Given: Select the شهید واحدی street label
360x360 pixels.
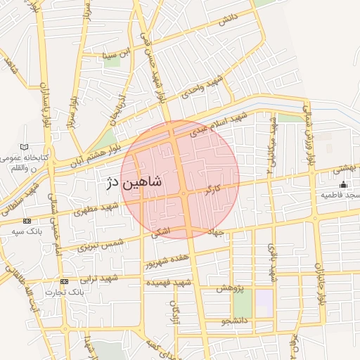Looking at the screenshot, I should pyautogui.click(x=205, y=88).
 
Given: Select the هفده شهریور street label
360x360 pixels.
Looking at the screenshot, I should pyautogui.click(x=167, y=262).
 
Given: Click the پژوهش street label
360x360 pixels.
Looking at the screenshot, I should pyautogui.click(x=229, y=289).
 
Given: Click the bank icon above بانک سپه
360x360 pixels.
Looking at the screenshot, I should pyautogui.click(x=27, y=221).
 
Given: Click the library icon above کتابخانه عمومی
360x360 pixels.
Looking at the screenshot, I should pyautogui.click(x=25, y=147).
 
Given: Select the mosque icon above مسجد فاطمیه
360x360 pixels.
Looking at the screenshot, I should pyautogui.click(x=343, y=184).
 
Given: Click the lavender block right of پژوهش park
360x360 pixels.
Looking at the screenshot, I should pyautogui.click(x=264, y=303).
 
